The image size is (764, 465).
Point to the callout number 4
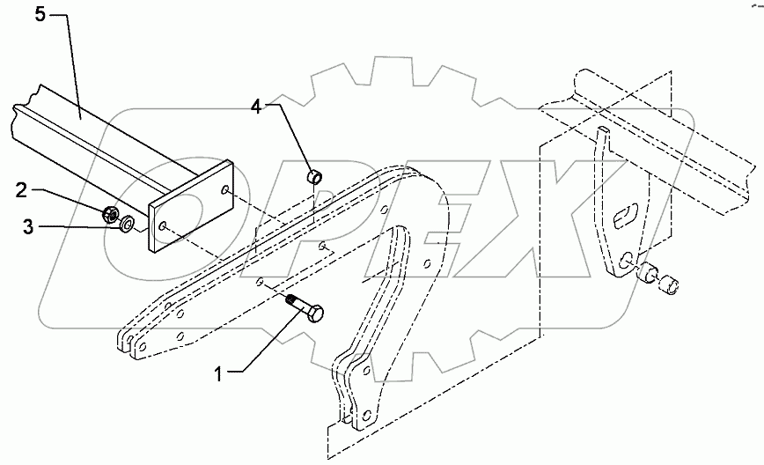255,107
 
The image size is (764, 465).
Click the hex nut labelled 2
112,212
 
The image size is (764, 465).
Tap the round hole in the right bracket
624,262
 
